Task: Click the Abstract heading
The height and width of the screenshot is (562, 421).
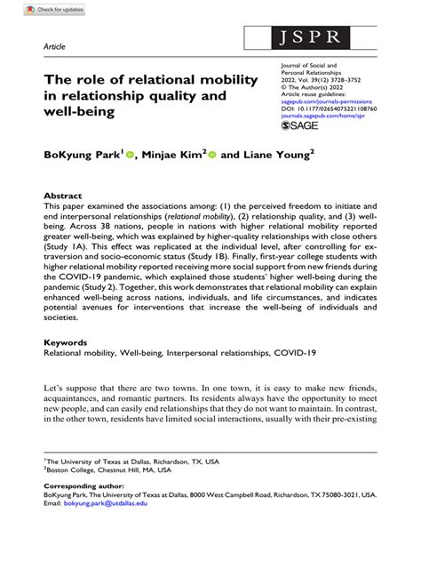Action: click(63, 195)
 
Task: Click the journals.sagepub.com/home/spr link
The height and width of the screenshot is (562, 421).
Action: click(330, 116)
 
